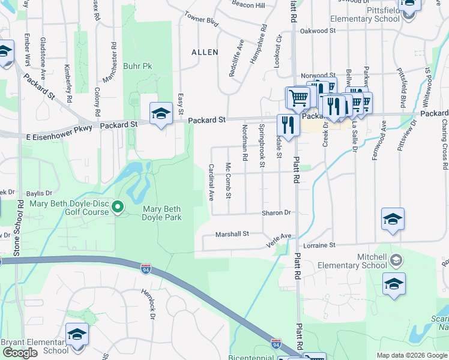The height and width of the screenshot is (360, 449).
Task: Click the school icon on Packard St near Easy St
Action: (161, 114)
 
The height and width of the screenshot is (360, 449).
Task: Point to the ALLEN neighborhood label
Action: (205, 52)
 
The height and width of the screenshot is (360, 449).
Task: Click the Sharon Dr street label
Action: (276, 212)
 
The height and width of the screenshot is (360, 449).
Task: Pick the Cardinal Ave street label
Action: (211, 182)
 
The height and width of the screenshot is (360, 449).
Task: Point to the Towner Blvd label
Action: (201, 19)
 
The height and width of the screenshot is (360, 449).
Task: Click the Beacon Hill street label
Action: (248, 5)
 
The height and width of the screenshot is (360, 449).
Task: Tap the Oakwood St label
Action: (318, 30)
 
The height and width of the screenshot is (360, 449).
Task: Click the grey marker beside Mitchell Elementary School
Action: (396, 260)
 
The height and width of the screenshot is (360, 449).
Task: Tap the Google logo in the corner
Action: (20, 353)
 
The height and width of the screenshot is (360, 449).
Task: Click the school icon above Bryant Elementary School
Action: (77, 334)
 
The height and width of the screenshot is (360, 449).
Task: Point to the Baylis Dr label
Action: (40, 193)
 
